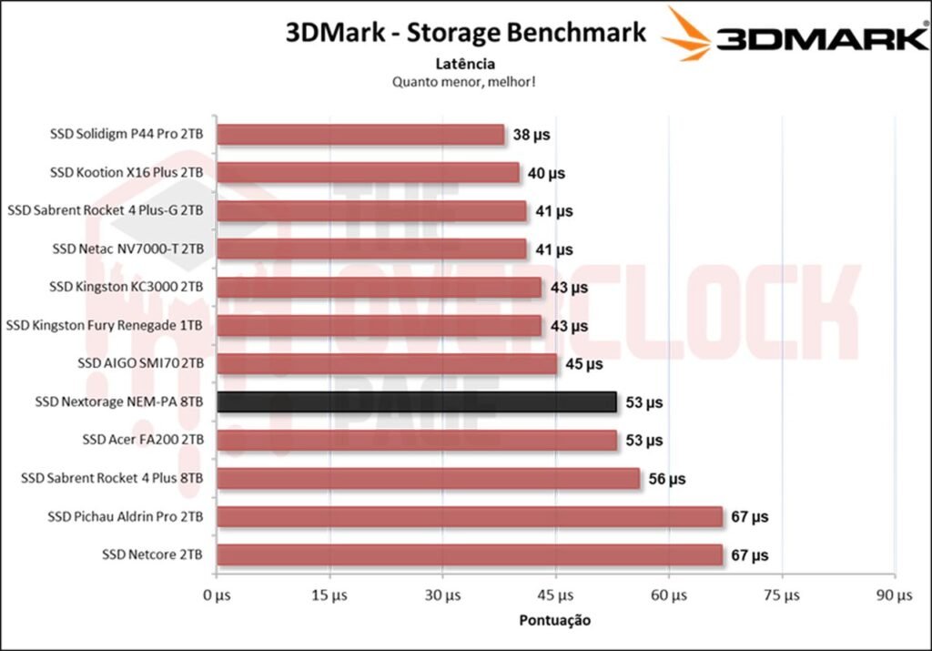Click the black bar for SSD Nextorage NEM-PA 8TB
click(417, 402)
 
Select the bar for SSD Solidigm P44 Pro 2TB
click(360, 135)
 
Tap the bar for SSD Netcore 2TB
click(470, 554)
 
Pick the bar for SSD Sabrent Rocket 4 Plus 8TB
click(428, 478)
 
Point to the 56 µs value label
click(666, 478)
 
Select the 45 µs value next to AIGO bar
click(583, 364)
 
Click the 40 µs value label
click(545, 173)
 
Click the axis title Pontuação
click(554, 621)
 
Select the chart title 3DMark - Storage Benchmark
click(466, 34)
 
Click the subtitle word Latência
click(465, 64)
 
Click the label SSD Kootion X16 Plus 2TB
click(127, 173)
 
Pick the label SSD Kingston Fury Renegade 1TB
click(105, 325)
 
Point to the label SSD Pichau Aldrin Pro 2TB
click(125, 516)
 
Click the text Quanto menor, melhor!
click(464, 81)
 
